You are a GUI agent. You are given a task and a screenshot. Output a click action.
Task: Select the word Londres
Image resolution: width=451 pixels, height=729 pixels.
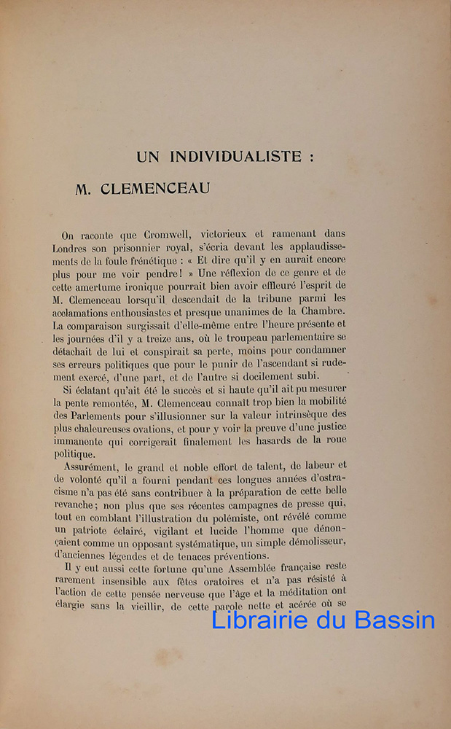pos(78,249)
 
